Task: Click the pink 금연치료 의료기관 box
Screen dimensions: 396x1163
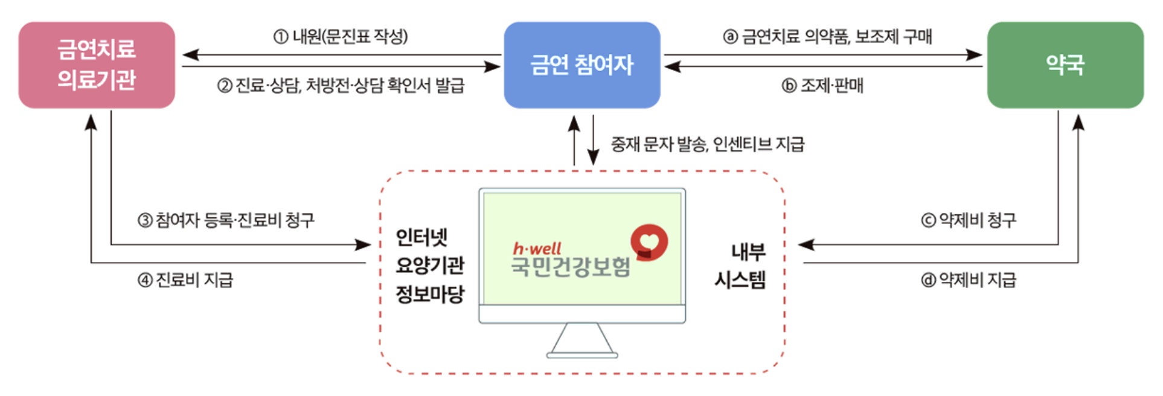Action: [x=97, y=65]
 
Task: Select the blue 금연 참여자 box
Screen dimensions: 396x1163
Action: [x=581, y=65]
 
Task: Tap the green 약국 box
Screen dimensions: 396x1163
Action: [x=1065, y=65]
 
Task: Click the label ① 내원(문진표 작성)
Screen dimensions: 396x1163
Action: [x=341, y=37]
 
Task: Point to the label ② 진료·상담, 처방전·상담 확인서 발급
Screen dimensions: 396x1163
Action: [x=341, y=86]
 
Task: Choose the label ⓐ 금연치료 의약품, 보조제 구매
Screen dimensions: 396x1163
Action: [x=827, y=37]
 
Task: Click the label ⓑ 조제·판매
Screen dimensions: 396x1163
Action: [x=822, y=86]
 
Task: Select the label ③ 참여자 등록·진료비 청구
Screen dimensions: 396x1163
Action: [x=226, y=220]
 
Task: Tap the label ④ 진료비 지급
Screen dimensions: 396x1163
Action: [x=185, y=280]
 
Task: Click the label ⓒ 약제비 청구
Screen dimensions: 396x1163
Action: [x=969, y=220]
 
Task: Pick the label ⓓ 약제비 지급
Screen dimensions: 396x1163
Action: [x=969, y=280]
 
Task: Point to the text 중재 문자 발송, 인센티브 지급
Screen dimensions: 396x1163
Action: [x=707, y=144]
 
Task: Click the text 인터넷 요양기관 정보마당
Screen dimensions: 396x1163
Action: [x=429, y=266]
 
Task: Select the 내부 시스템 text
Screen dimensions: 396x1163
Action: [x=741, y=266]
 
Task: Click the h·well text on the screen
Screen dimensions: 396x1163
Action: [x=537, y=248]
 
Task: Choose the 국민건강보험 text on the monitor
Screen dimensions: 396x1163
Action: [x=571, y=267]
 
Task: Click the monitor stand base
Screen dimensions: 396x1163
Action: [x=582, y=355]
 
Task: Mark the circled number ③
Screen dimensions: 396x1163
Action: [x=145, y=220]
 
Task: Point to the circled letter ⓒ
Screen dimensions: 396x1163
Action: [x=928, y=220]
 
